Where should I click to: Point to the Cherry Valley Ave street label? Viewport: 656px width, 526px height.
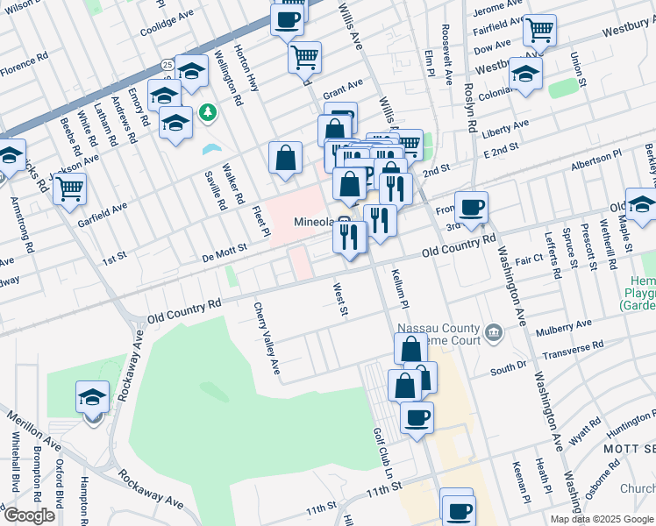[266, 338]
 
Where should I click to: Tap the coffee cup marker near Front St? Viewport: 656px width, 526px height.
[471, 207]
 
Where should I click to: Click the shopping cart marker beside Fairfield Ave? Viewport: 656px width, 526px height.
[539, 31]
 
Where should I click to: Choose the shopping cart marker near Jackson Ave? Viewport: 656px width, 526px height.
[69, 187]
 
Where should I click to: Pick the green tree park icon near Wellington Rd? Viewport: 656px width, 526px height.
[207, 112]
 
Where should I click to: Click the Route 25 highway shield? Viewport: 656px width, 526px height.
[167, 64]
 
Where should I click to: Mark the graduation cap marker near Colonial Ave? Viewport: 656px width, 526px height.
[525, 74]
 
